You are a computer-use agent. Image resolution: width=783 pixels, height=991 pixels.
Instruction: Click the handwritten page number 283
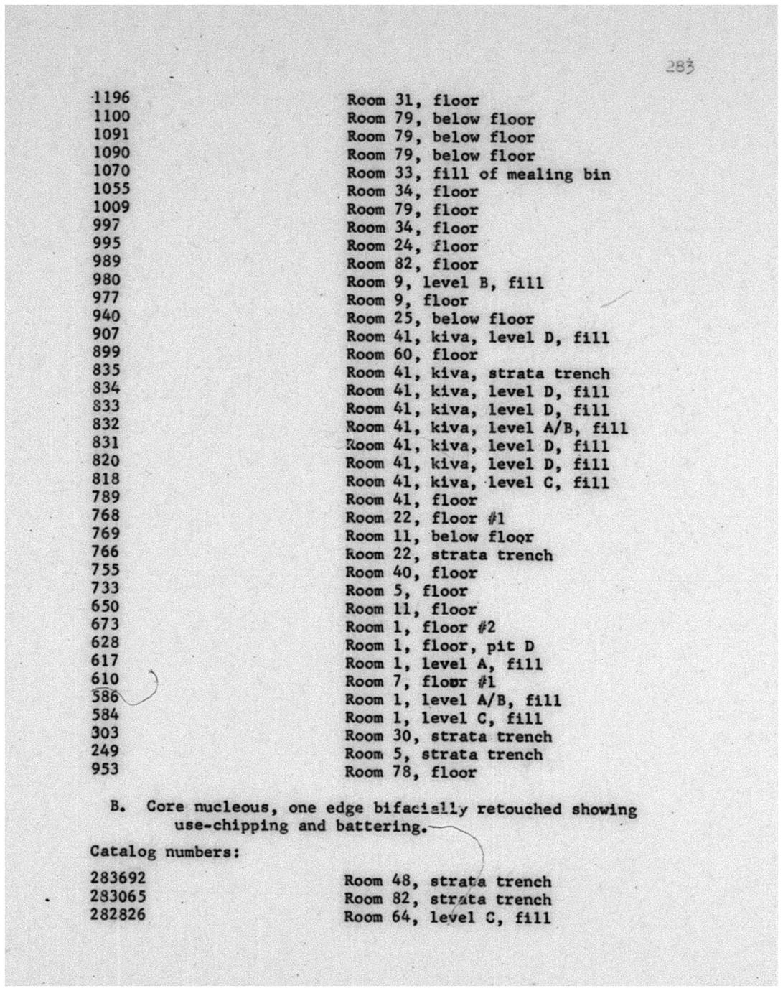[x=678, y=67]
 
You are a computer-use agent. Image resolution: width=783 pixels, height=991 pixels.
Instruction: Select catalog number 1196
[x=112, y=98]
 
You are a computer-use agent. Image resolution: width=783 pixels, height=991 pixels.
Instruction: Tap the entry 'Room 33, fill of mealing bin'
[x=479, y=174]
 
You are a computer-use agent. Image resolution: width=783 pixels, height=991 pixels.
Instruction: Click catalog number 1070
[x=112, y=171]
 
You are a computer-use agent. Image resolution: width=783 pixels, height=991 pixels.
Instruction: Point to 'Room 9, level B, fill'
[x=445, y=282]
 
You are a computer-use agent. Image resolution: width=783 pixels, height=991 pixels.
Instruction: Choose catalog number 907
[x=106, y=334]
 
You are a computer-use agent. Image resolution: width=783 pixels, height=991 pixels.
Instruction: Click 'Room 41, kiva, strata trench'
[x=478, y=373]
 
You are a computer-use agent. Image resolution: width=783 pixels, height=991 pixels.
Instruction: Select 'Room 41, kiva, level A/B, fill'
[x=487, y=428]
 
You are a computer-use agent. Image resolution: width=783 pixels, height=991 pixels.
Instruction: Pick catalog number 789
[x=106, y=497]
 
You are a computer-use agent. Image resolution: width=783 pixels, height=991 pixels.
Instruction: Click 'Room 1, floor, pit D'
[x=440, y=646]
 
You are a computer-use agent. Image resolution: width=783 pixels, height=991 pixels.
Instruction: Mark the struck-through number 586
[x=106, y=697]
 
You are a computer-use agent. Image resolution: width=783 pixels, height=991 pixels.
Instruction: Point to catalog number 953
[x=106, y=769]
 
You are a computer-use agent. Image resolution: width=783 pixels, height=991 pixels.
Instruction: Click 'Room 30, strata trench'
[x=449, y=737]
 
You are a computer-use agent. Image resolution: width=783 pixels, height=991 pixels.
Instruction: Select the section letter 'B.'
[x=119, y=806]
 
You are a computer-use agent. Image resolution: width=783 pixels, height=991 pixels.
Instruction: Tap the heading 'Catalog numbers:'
[x=164, y=852]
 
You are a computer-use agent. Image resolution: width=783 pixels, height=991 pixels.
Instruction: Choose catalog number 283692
[x=118, y=878]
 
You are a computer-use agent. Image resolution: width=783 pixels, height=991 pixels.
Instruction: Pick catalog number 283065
[x=118, y=896]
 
